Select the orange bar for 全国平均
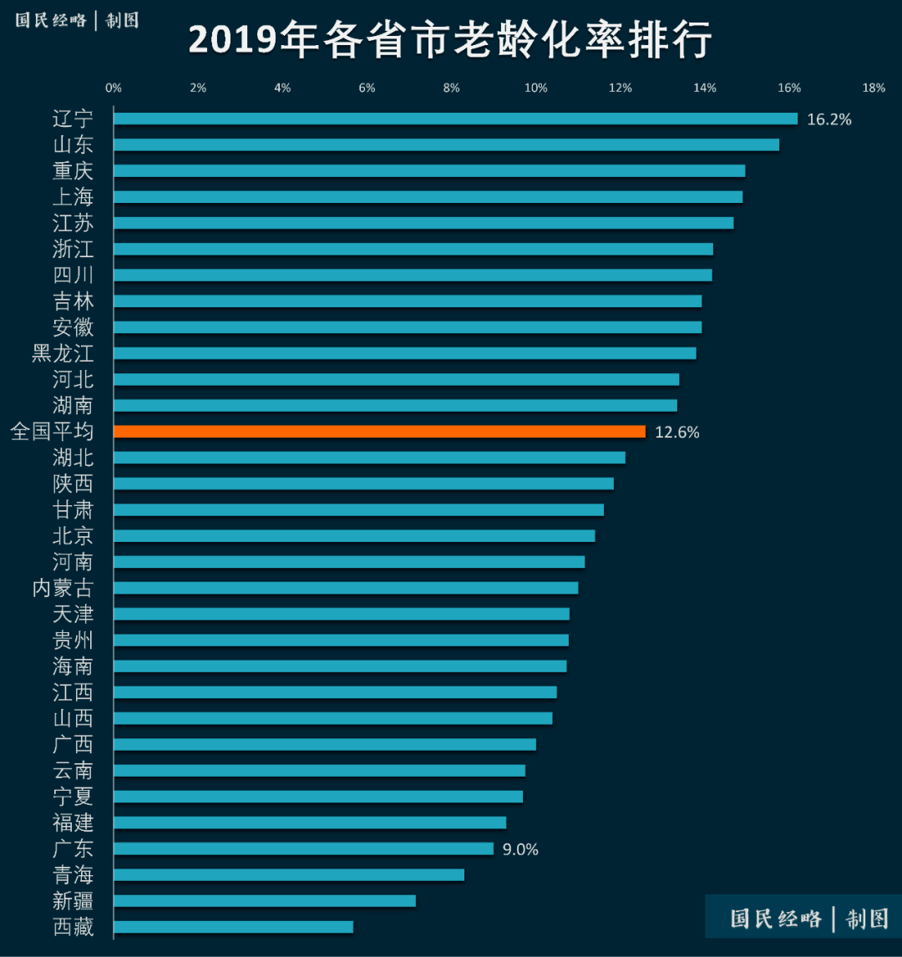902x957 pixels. (x=379, y=432)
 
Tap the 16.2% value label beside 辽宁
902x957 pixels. (x=829, y=119)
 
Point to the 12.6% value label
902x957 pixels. (x=676, y=433)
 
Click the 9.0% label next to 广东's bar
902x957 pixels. (x=520, y=849)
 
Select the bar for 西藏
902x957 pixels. (x=233, y=927)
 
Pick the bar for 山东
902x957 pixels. (x=446, y=145)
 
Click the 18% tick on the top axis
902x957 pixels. (x=874, y=89)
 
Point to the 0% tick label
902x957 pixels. (x=114, y=89)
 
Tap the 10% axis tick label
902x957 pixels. (x=535, y=89)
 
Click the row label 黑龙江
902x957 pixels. (x=63, y=353)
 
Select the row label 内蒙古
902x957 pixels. (x=63, y=588)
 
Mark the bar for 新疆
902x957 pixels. (x=264, y=901)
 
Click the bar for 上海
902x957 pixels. (x=428, y=197)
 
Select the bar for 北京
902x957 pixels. (x=354, y=536)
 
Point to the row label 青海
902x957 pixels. (x=73, y=875)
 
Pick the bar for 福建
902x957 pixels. (x=310, y=823)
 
